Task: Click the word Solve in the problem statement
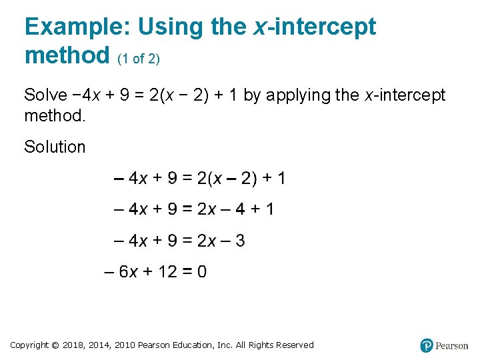click(45, 95)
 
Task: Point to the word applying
click(298, 95)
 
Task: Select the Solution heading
click(55, 147)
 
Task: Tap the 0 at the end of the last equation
click(201, 271)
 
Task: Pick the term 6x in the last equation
click(129, 271)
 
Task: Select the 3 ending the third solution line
click(240, 240)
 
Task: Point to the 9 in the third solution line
click(173, 240)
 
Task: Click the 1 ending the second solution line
click(269, 209)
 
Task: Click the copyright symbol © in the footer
click(55, 345)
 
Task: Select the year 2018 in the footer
click(73, 345)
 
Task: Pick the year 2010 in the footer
click(125, 345)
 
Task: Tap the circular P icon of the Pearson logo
click(427, 345)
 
